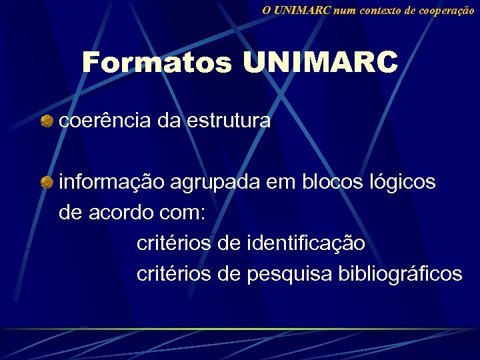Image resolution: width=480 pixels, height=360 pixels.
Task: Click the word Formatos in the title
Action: click(157, 63)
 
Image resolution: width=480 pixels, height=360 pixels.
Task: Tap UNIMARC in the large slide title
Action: click(320, 63)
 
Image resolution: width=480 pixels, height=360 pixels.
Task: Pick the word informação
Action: click(112, 181)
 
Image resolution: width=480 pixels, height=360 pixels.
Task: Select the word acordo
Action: click(123, 213)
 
